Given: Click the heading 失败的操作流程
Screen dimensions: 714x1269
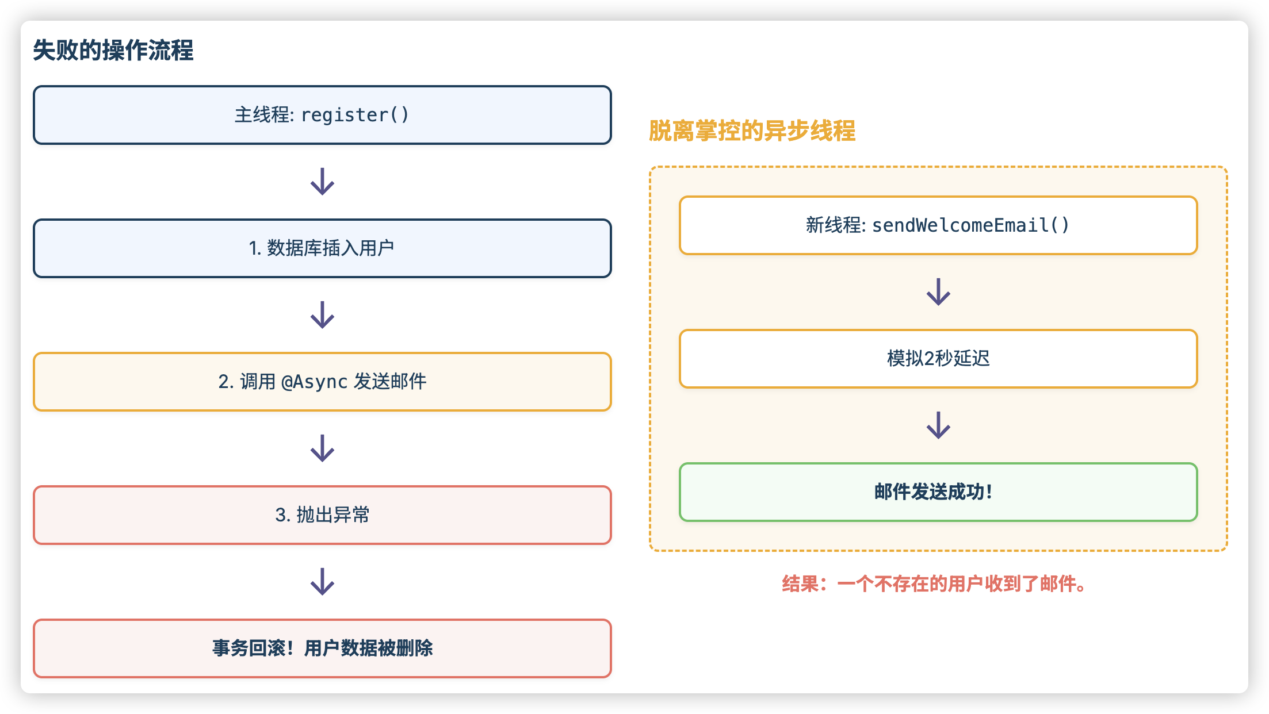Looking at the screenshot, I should [x=113, y=51].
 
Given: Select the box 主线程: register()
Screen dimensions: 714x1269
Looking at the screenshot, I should [x=322, y=115].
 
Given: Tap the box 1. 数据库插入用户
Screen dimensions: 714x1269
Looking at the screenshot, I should [x=322, y=248].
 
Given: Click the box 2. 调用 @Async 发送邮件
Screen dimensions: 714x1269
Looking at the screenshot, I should [x=322, y=382].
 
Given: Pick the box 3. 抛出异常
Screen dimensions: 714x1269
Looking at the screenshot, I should [x=322, y=515].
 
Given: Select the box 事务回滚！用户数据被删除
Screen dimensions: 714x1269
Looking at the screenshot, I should [x=322, y=648].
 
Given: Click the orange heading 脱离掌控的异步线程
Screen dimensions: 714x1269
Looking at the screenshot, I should [x=752, y=131].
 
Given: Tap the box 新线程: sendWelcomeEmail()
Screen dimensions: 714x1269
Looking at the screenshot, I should [x=938, y=225].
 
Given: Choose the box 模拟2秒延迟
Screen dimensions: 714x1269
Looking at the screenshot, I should [x=938, y=359].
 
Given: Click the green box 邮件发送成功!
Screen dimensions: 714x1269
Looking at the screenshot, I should [x=938, y=492].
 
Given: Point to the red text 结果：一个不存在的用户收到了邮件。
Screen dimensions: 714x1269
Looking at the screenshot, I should [x=937, y=584].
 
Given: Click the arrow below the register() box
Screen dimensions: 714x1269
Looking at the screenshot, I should [x=322, y=182].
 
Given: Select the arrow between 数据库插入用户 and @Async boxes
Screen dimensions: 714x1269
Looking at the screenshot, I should [x=322, y=315].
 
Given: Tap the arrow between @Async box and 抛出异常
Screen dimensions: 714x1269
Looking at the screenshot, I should [x=322, y=448].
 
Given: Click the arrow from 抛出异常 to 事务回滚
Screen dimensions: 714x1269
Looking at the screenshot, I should [x=322, y=582].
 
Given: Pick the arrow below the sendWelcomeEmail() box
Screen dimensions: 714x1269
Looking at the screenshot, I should [x=938, y=292].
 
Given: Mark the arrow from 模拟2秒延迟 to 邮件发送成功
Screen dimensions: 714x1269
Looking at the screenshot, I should [x=938, y=425].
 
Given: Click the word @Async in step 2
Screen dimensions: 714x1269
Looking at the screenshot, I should [x=314, y=382].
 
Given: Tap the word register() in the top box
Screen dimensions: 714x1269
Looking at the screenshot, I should [x=355, y=115].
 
